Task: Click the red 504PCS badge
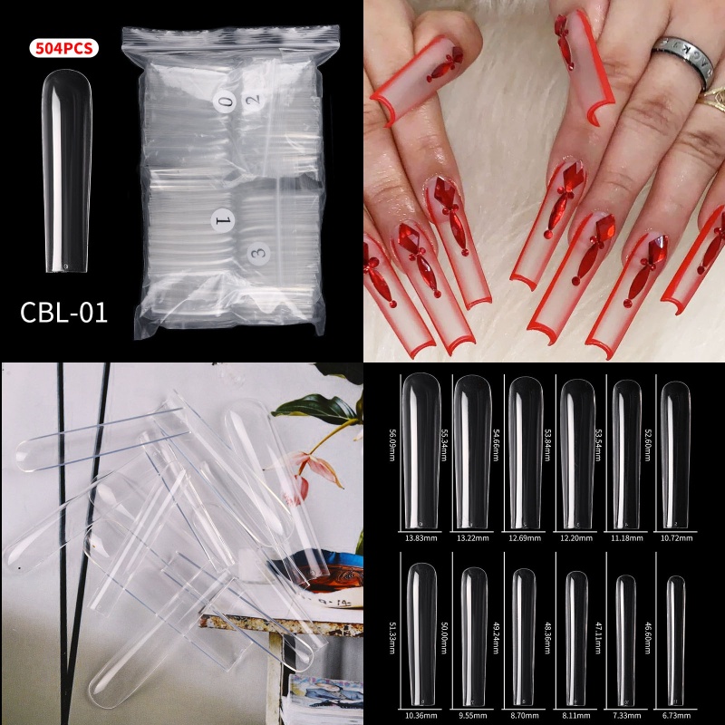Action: tap(63, 49)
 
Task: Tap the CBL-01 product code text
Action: tap(63, 313)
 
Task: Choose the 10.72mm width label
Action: tap(674, 538)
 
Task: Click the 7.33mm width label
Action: tap(624, 714)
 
